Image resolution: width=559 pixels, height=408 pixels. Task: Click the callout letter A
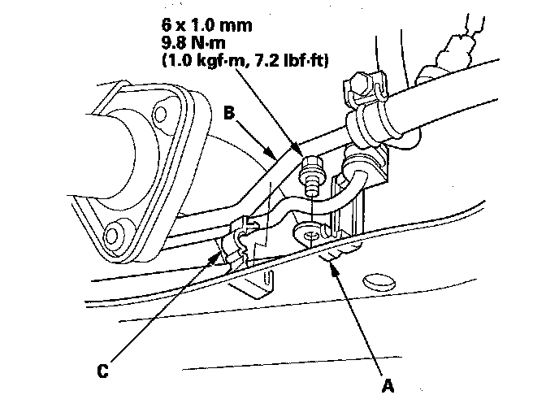(x=389, y=380)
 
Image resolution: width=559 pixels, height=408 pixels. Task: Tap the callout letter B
(x=229, y=115)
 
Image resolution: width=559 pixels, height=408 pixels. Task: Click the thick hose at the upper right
(x=455, y=106)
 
